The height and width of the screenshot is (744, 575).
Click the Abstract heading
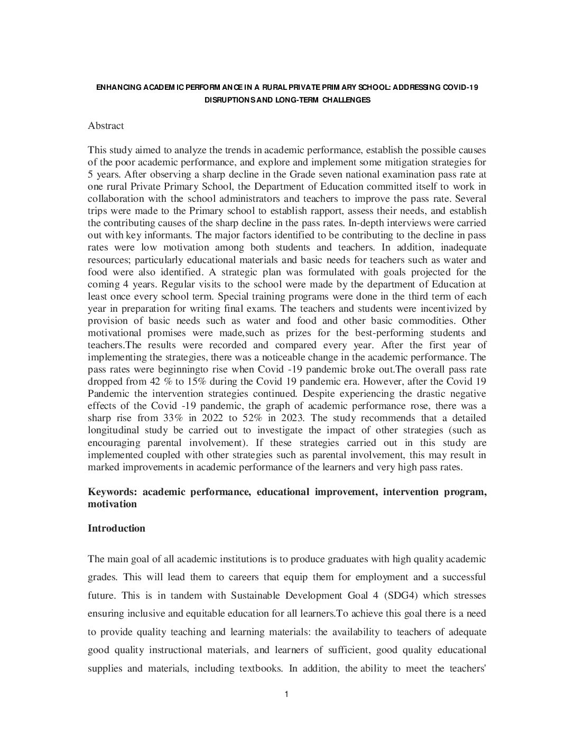(x=106, y=126)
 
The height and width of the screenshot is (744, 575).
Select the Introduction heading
(x=116, y=528)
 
